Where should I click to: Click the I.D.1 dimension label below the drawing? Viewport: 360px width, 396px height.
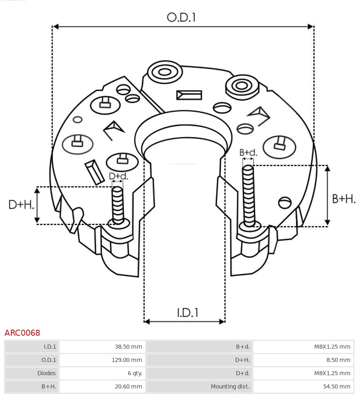pos(188,313)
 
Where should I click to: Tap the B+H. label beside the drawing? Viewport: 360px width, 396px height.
pos(344,199)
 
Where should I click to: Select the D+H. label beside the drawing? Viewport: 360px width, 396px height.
pos(21,205)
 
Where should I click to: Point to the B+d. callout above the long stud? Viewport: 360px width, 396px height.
pos(248,152)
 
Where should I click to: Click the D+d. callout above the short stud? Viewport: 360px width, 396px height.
pos(118,176)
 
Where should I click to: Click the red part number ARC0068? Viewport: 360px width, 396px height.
pos(22,333)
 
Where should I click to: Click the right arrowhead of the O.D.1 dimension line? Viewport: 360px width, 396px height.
pos(311,27)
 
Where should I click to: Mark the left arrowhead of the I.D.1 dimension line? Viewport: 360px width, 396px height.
pos(147,322)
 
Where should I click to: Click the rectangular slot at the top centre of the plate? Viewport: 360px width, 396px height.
pos(189,95)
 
